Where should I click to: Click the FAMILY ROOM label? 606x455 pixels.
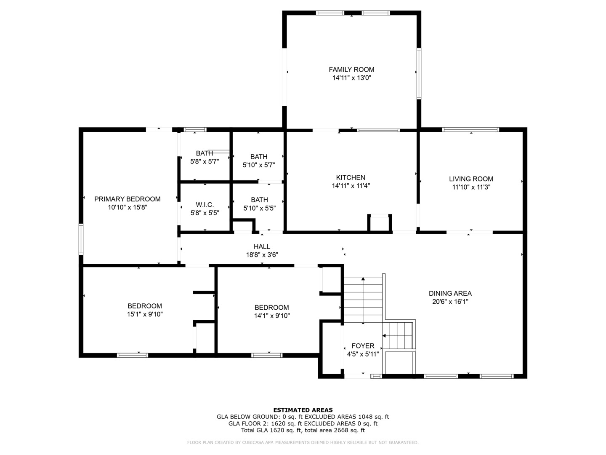click(351, 70)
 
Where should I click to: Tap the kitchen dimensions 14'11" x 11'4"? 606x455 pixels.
click(351, 186)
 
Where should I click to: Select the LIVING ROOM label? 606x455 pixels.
click(471, 179)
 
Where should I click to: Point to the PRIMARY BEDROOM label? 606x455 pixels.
click(127, 199)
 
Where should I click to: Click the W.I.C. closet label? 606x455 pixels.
click(205, 205)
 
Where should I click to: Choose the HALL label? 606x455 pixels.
click(262, 246)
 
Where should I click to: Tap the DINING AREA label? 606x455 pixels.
click(450, 293)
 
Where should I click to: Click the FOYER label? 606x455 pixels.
click(363, 346)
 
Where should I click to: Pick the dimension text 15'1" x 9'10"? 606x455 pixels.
click(145, 314)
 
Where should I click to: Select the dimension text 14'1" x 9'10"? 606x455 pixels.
click(272, 316)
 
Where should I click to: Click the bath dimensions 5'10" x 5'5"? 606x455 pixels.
click(259, 208)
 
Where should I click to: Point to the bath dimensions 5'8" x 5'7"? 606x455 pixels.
click(204, 162)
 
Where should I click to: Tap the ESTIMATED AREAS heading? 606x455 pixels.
click(303, 410)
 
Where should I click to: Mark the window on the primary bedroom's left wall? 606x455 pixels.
click(81, 239)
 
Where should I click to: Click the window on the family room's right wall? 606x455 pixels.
click(419, 74)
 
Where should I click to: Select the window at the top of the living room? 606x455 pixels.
click(470, 130)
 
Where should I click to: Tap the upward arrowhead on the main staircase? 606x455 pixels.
click(363, 279)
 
